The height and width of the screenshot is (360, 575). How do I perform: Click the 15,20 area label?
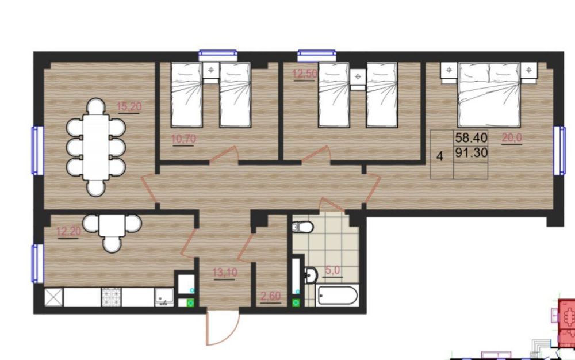click(x=129, y=107)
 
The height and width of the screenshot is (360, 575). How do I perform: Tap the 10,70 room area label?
click(x=183, y=139)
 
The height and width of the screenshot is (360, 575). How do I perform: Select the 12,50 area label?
click(x=304, y=74)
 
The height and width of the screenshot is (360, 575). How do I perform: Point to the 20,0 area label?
click(x=512, y=138)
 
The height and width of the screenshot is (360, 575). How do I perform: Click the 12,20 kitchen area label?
click(x=68, y=232)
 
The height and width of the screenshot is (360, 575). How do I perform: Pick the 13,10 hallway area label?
click(x=225, y=273)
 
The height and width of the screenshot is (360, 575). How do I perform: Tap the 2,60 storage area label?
click(x=271, y=296)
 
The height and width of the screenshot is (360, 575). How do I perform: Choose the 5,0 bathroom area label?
click(x=332, y=270)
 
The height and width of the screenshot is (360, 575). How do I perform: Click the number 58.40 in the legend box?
click(x=471, y=138)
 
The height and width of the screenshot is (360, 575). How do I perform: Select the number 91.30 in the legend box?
click(x=471, y=152)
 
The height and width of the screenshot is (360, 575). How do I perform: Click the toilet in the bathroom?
click(x=302, y=227)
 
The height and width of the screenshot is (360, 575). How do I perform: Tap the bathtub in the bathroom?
click(x=338, y=296)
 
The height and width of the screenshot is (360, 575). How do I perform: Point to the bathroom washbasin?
click(x=311, y=275)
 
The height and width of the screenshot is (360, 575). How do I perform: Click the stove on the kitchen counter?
click(x=111, y=297)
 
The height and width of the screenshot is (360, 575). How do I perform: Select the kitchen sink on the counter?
click(x=164, y=297)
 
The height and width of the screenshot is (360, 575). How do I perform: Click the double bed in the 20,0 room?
click(x=489, y=94)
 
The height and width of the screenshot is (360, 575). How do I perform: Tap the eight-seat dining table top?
click(x=95, y=147)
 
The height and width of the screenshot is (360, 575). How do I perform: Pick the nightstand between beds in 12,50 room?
click(x=358, y=79)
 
